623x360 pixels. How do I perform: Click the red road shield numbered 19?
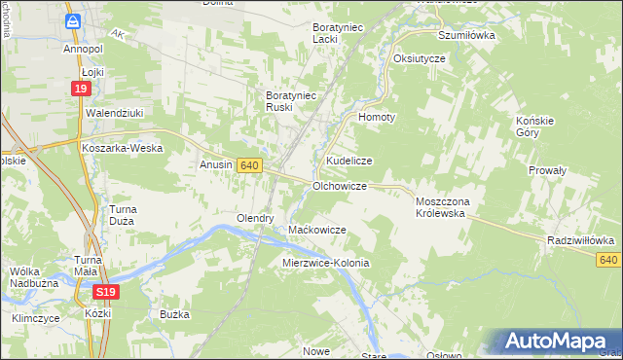coord(81,90)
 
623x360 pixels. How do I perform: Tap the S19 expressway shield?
coord(108,292)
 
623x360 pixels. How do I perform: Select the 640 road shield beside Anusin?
coord(248,166)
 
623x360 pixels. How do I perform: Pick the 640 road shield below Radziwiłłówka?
coord(609,260)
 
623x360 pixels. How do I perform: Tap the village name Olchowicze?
coord(339,185)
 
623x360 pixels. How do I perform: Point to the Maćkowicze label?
coord(317,230)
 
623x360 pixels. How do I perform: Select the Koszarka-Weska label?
coord(121,148)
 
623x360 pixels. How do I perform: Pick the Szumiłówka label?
coord(466,34)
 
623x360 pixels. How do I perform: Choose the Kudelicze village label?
coord(349,159)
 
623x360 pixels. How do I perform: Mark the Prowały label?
coord(547,169)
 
